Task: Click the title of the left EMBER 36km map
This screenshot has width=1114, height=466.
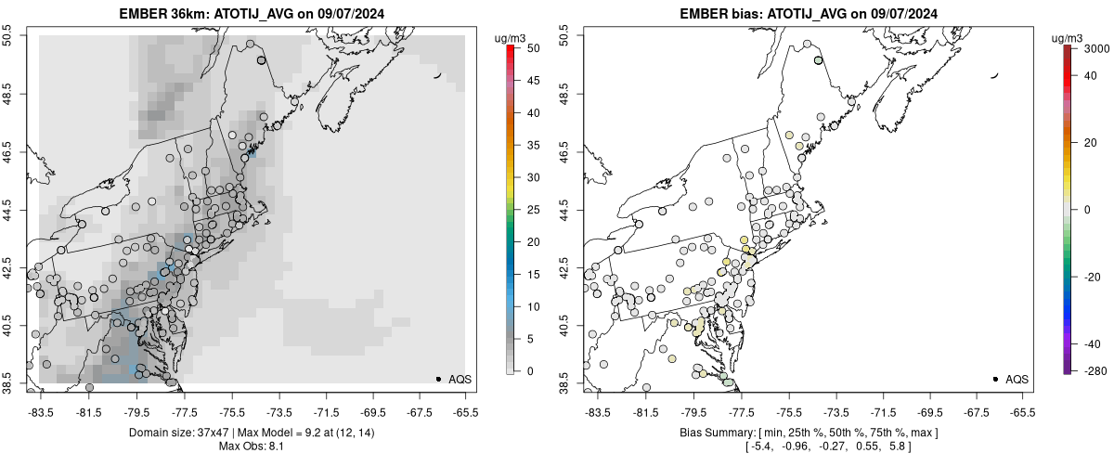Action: pos(253,14)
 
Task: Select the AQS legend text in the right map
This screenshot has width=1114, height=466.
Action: pos(1017,379)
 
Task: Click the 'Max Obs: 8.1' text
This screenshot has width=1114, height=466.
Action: pos(253,448)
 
